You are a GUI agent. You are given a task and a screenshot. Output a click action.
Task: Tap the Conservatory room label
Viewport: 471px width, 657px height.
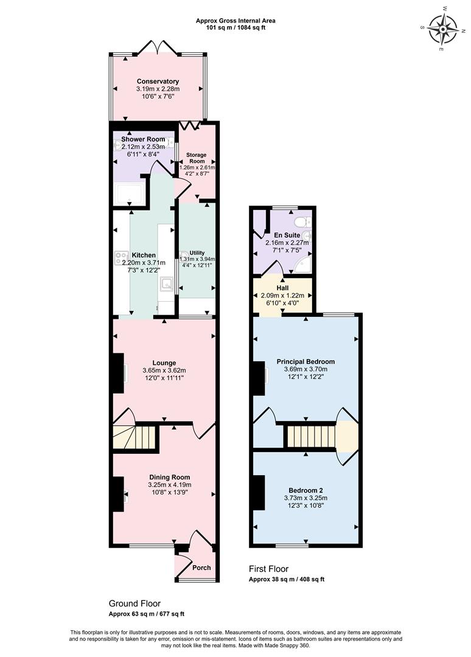pyautogui.click(x=158, y=82)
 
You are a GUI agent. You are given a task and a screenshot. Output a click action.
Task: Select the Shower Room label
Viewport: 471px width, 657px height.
pyautogui.click(x=143, y=139)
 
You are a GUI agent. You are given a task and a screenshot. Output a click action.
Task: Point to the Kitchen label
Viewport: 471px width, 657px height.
pyautogui.click(x=144, y=255)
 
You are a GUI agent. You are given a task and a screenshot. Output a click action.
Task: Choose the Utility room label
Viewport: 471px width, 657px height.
pyautogui.click(x=197, y=252)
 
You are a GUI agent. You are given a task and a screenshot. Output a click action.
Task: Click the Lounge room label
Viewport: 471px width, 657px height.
pyautogui.click(x=164, y=363)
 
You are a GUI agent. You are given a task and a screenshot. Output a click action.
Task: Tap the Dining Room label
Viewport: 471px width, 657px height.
pyautogui.click(x=169, y=477)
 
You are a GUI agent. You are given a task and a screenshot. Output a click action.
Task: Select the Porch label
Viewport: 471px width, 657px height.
pyautogui.click(x=201, y=568)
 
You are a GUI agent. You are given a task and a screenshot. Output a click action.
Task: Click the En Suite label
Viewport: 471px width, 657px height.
pyautogui.click(x=287, y=235)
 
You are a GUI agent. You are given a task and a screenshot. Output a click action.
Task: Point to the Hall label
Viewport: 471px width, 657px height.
pyautogui.click(x=282, y=288)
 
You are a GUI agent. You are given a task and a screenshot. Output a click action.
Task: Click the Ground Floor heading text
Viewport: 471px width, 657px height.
pyautogui.click(x=134, y=603)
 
